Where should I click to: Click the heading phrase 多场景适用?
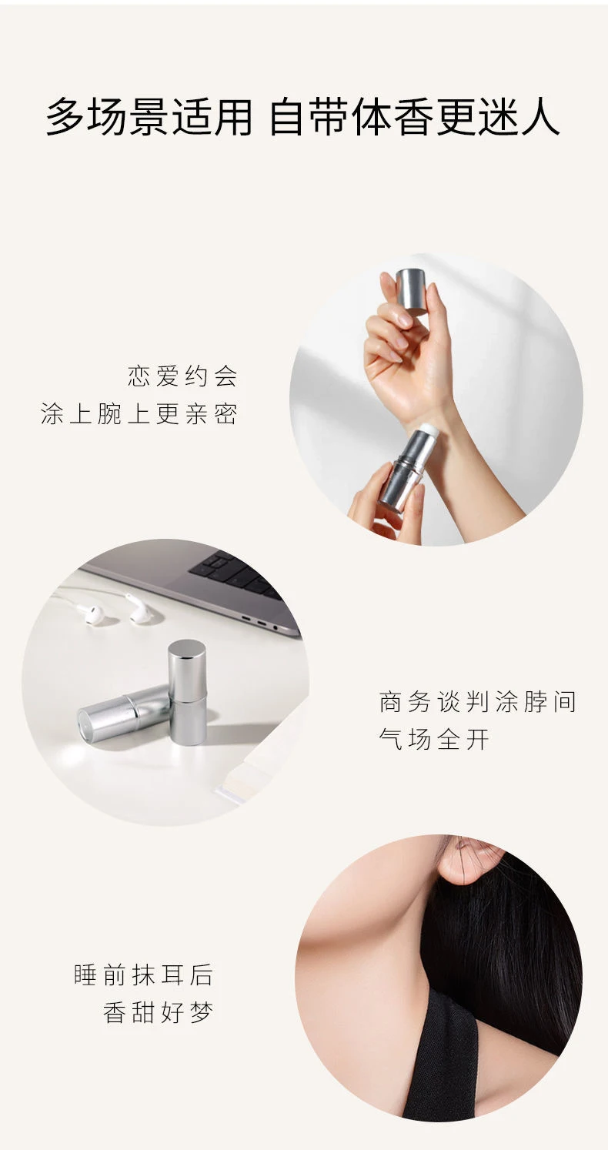point(149,117)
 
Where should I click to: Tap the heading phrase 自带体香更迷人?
point(415,117)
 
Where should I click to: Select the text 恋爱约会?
point(183,376)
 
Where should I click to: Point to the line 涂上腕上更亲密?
point(139,414)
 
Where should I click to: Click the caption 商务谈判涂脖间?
point(478,702)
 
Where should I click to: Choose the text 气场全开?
point(434,739)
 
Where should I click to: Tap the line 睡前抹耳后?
point(143,975)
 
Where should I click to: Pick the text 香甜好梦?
point(159,1012)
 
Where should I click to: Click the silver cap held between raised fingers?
point(412,290)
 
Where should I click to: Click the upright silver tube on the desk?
point(187,691)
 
